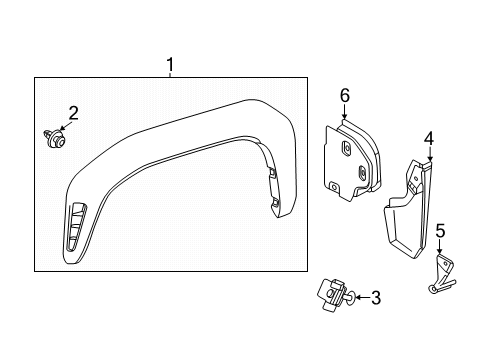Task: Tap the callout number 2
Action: pyautogui.click(x=73, y=111)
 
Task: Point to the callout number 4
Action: pyautogui.click(x=427, y=137)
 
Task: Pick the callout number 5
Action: pyautogui.click(x=440, y=233)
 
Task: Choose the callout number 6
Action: pyautogui.click(x=344, y=95)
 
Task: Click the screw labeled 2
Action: pyautogui.click(x=52, y=137)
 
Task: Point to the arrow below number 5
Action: pyautogui.click(x=440, y=250)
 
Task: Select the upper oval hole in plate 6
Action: pyautogui.click(x=345, y=149)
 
